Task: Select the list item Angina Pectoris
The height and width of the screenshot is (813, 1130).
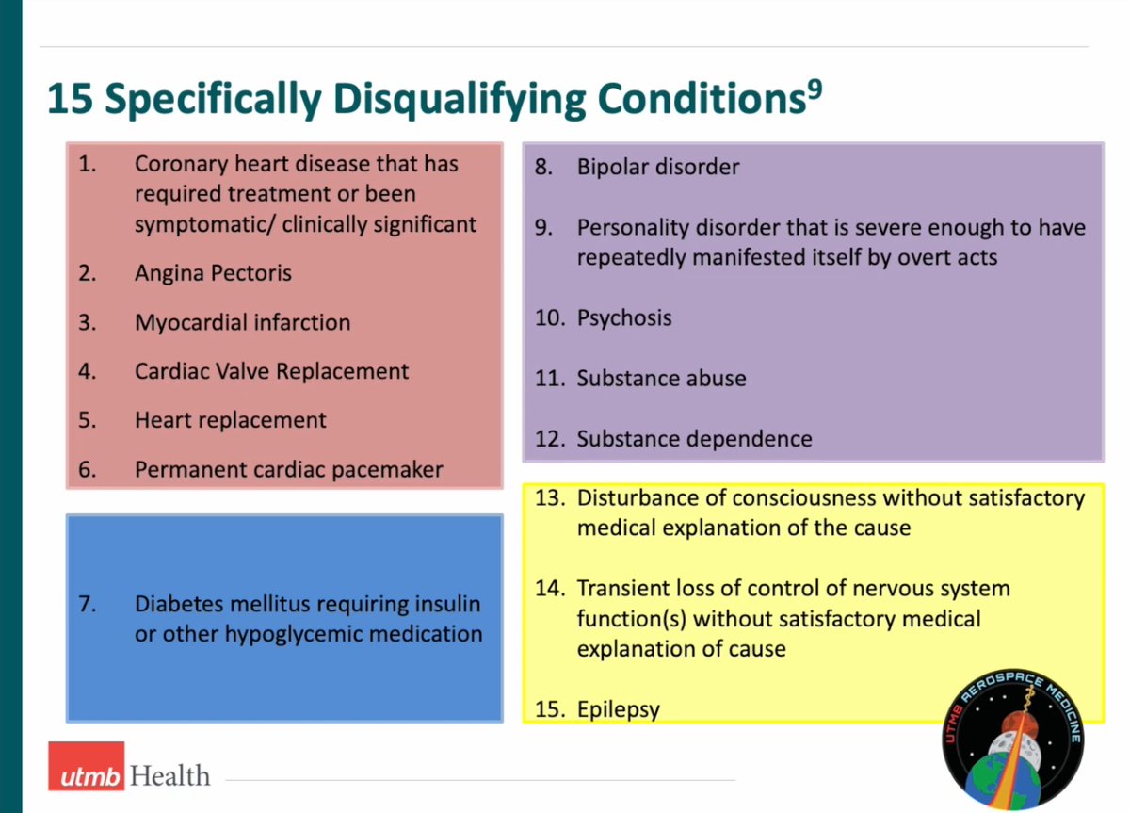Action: coord(213,273)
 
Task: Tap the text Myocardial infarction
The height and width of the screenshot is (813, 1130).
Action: coord(242,322)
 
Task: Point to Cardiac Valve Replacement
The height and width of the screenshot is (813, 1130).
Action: coord(271,371)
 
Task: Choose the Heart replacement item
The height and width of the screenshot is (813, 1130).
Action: coord(230,420)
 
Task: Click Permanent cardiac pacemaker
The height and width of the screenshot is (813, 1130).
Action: coord(288,469)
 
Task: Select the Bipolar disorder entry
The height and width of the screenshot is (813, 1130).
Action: coord(657,167)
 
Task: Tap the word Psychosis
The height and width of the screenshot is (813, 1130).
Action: coord(624,317)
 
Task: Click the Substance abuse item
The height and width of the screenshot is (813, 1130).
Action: coord(661,378)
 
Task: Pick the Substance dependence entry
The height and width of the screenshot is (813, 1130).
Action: coord(694,439)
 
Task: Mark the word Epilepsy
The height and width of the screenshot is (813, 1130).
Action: coord(618,708)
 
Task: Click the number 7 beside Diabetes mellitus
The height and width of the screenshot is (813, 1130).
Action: coord(87,603)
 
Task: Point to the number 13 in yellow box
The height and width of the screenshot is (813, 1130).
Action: coord(548,496)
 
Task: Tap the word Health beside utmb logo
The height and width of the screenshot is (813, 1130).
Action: coord(170,776)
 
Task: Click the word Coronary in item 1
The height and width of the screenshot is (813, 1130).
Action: coord(180,163)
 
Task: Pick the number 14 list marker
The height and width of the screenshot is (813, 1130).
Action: coord(548,589)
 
